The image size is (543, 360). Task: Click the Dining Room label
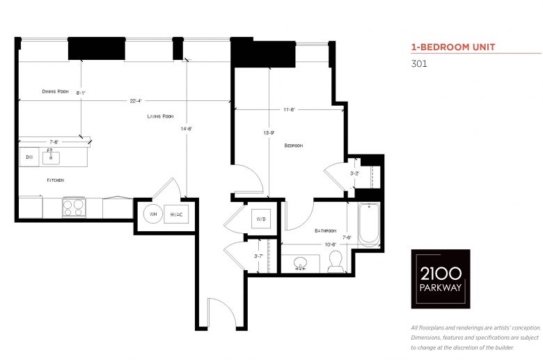56,91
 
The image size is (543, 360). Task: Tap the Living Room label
160,116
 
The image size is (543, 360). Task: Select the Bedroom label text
294,146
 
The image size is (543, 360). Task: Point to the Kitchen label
56,180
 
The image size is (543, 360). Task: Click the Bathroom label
326,230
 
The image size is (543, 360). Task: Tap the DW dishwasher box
29,157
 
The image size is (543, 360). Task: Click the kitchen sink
51,157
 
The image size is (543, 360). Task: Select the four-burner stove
74,208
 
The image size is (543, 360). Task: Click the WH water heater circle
153,214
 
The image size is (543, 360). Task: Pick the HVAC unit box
176,214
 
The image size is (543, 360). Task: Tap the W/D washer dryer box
261,219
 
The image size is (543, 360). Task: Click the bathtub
369,224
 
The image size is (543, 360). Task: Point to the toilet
336,262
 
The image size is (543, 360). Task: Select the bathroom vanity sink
300,263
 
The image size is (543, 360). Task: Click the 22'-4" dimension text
136,101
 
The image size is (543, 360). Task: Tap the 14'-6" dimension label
187,129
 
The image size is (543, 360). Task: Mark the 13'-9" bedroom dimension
269,133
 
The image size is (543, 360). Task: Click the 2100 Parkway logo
441,279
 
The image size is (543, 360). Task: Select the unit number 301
419,64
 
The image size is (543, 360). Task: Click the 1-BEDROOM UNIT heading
453,47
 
